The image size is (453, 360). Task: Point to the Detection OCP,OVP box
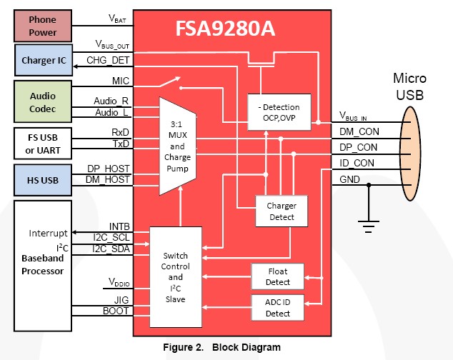click(x=280, y=112)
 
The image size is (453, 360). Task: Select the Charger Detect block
click(x=282, y=211)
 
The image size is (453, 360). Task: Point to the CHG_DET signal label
click(x=108, y=62)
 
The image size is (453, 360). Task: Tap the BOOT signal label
click(x=116, y=311)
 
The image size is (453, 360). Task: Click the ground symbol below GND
click(x=369, y=227)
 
